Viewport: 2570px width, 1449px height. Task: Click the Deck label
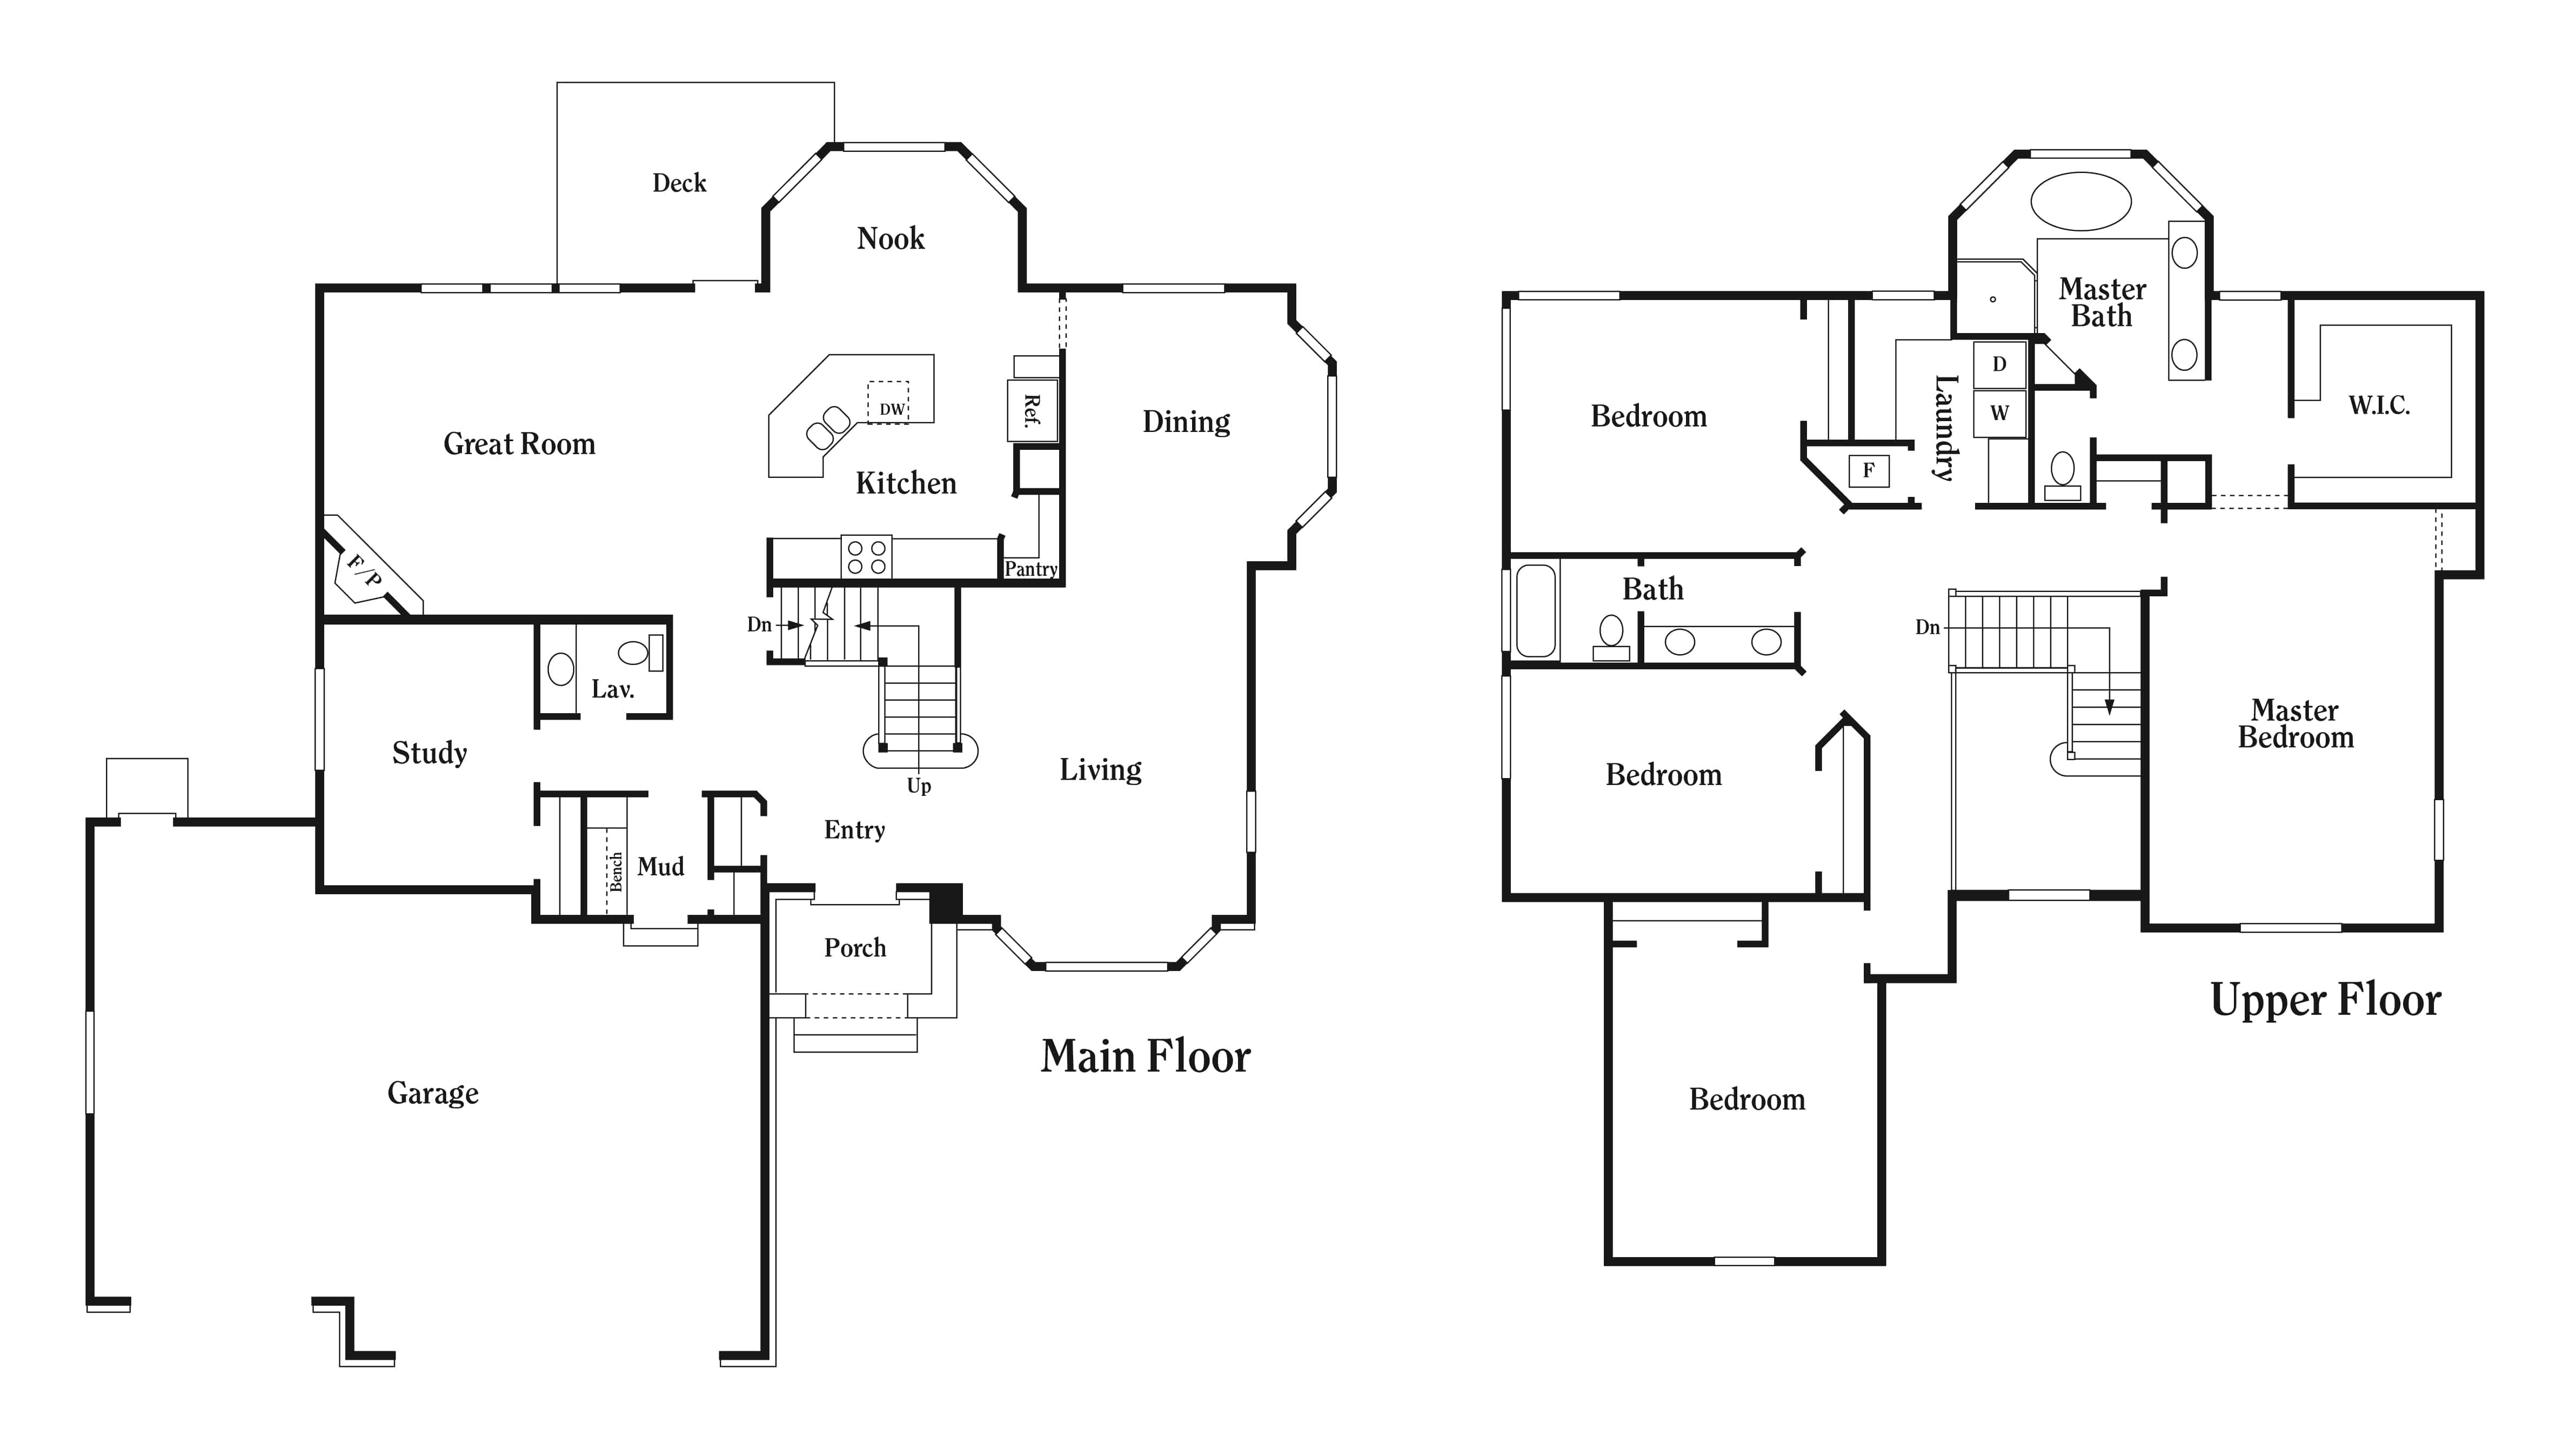pyautogui.click(x=678, y=183)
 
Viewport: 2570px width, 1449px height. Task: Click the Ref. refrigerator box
pyautogui.click(x=1032, y=410)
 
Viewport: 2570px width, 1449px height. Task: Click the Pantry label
pyautogui.click(x=1030, y=569)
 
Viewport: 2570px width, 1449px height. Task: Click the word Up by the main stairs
pyautogui.click(x=919, y=786)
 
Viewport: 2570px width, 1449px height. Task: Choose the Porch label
pyautogui.click(x=854, y=947)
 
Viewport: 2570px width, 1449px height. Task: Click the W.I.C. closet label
pyautogui.click(x=2379, y=405)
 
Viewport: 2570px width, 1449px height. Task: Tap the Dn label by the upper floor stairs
pyautogui.click(x=1926, y=627)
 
